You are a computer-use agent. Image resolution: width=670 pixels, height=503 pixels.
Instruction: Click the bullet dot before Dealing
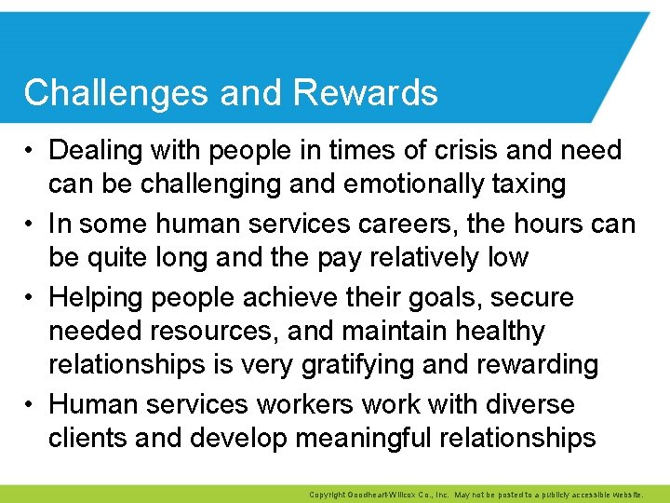coord(32,150)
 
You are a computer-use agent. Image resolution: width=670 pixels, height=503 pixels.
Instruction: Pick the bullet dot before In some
coord(32,224)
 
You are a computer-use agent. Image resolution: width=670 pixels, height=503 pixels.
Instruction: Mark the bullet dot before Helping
coord(32,298)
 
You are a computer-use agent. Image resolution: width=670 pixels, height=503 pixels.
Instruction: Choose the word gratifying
coord(358,364)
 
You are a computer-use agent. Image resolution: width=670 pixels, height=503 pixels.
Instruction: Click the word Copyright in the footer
coord(327,495)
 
